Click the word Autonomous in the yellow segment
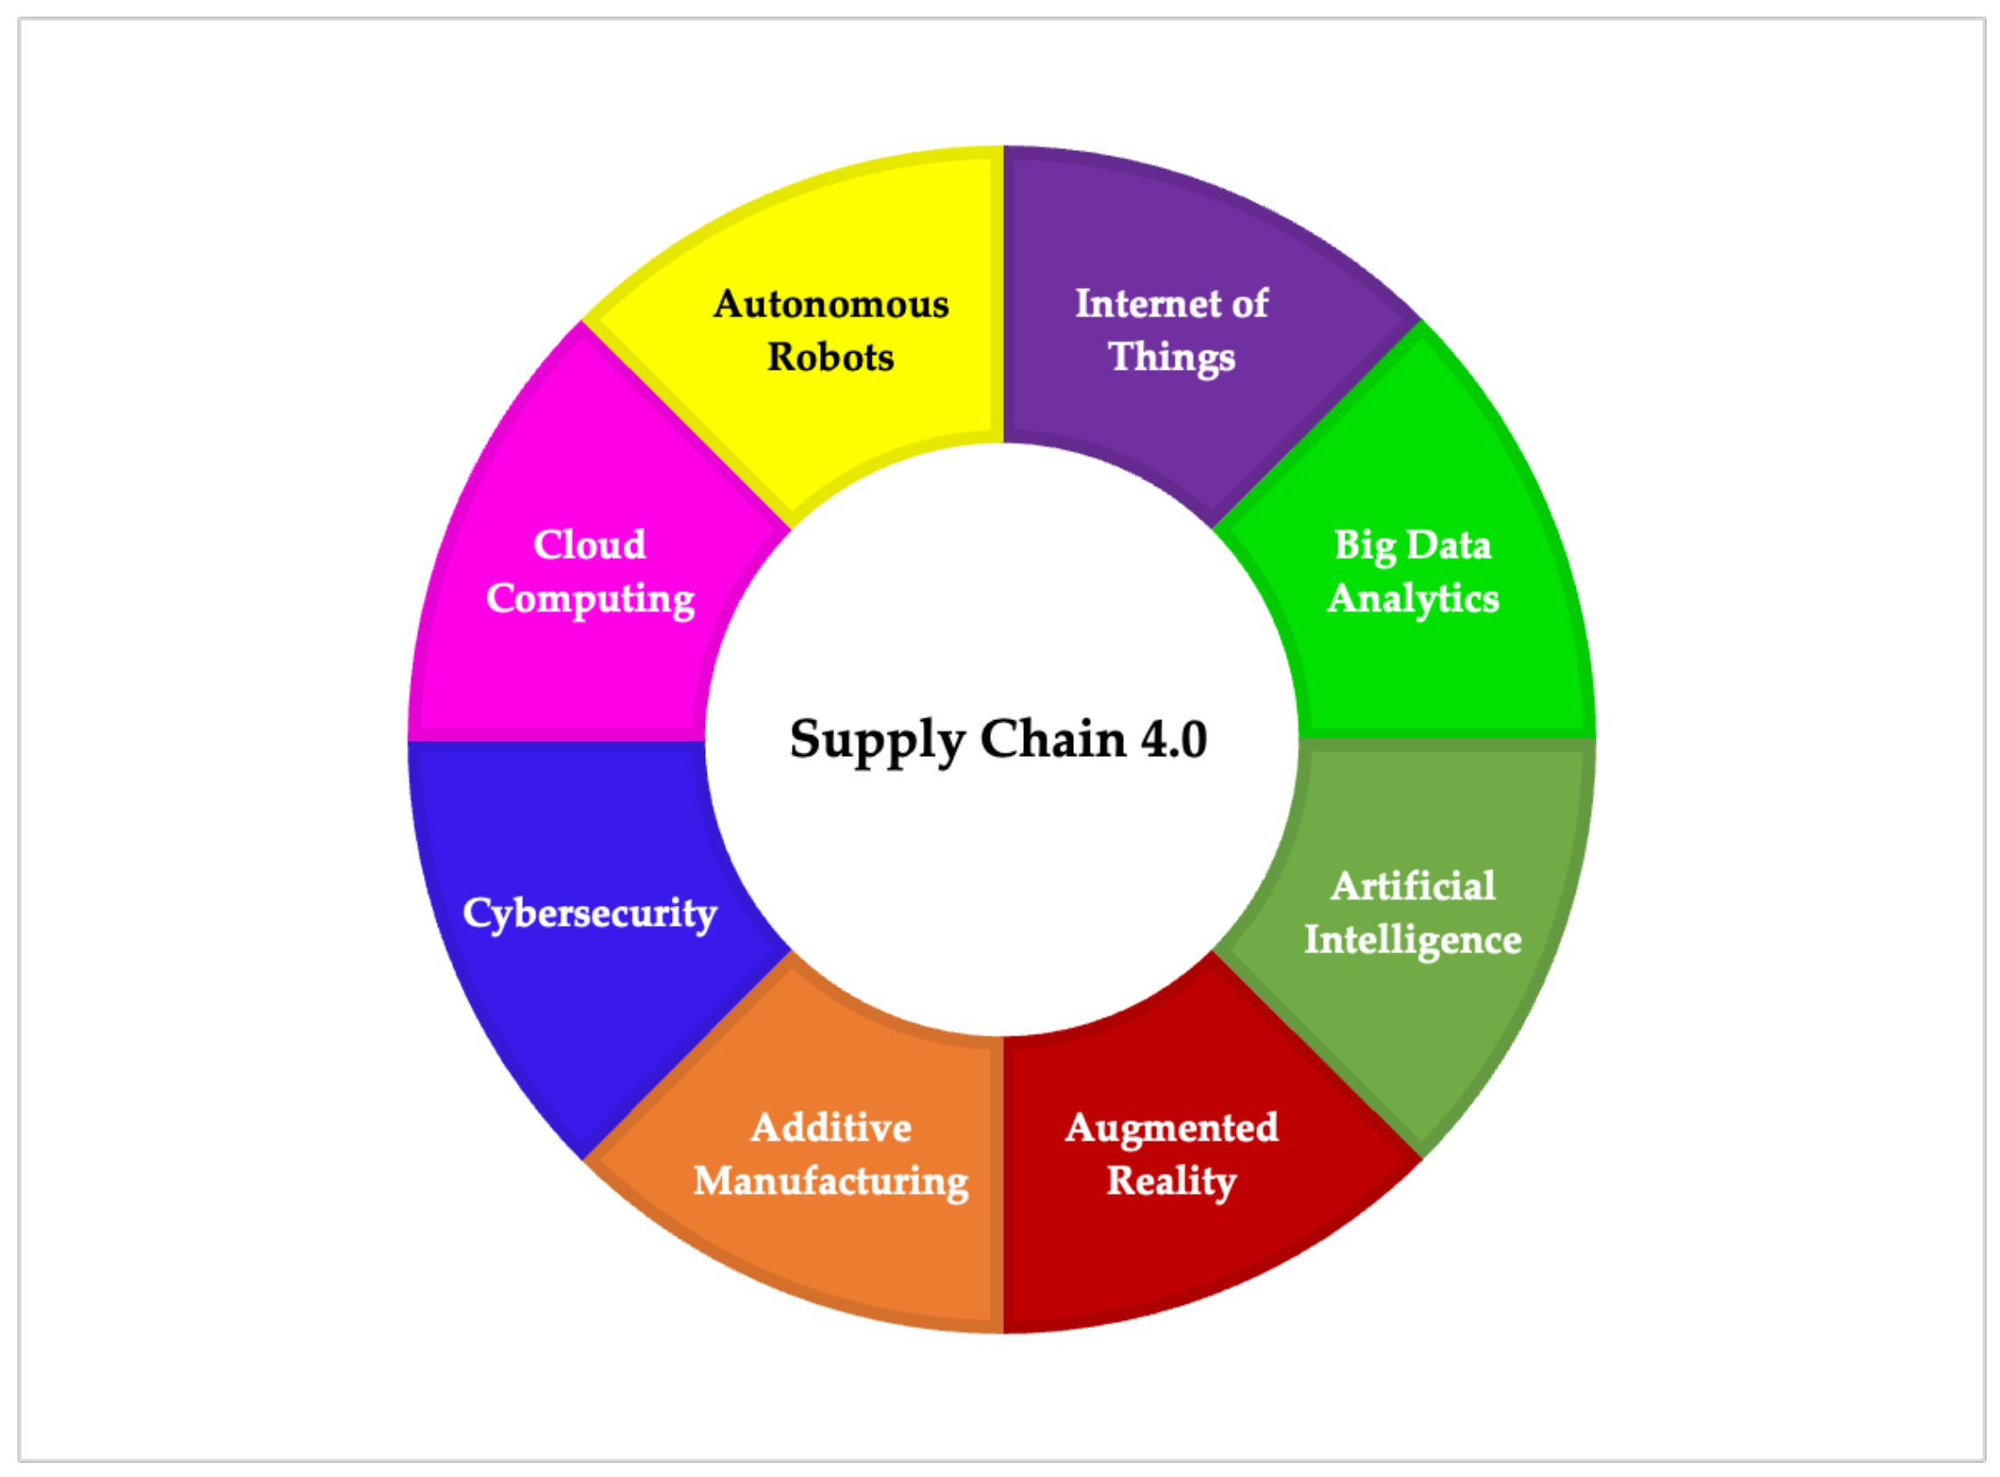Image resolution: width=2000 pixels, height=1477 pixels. pyautogui.click(x=830, y=304)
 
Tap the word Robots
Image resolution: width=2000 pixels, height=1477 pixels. pyautogui.click(x=830, y=357)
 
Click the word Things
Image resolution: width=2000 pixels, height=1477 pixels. pyautogui.click(x=1171, y=357)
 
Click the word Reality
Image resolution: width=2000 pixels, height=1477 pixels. pyautogui.click(x=1171, y=1181)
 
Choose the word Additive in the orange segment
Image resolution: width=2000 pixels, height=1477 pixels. pyautogui.click(x=830, y=1127)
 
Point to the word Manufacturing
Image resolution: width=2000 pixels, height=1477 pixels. pyautogui.click(x=830, y=1181)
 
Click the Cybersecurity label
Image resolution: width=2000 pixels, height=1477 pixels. pyautogui.click(x=590, y=913)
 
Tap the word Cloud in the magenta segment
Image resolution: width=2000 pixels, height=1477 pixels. pyautogui.click(x=590, y=545)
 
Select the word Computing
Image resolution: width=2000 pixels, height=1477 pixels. pyautogui.click(x=590, y=598)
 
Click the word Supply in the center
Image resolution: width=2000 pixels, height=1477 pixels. pyautogui.click(x=876, y=741)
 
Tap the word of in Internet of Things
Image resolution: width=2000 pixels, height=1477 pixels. pyautogui.click(x=1250, y=303)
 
